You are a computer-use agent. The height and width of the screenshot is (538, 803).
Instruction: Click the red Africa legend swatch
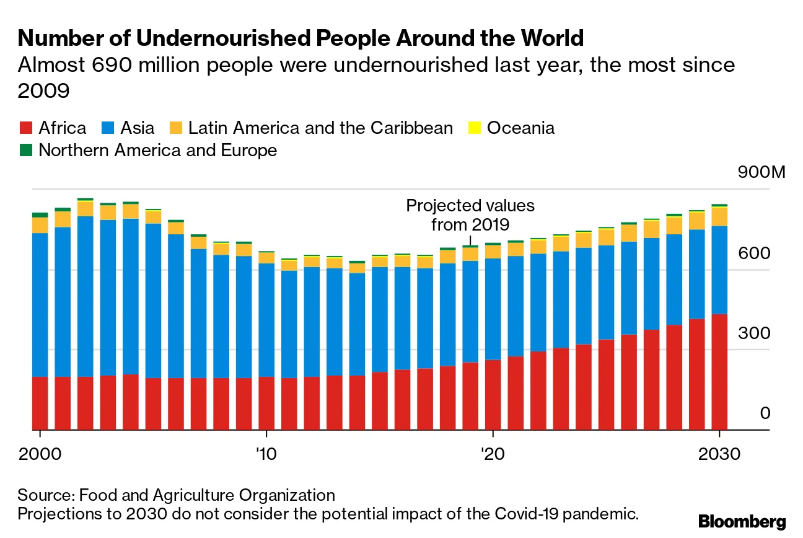pyautogui.click(x=25, y=128)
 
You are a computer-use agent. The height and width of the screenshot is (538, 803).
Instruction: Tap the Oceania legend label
pyautogui.click(x=520, y=128)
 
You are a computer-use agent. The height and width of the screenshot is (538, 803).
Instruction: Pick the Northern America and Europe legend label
pyautogui.click(x=157, y=150)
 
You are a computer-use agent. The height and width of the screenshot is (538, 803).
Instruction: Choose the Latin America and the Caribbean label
pyautogui.click(x=320, y=128)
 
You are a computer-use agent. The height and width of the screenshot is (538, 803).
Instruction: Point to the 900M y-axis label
pyautogui.click(x=761, y=172)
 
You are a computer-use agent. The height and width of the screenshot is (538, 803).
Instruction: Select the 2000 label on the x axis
pyautogui.click(x=40, y=453)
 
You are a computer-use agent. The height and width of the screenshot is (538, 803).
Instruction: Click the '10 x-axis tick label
pyautogui.click(x=266, y=453)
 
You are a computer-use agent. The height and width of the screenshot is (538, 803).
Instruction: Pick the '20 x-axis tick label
pyautogui.click(x=492, y=453)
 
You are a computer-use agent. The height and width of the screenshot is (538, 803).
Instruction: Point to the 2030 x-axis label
pyautogui.click(x=719, y=453)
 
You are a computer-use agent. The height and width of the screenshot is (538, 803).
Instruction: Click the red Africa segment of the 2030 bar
pyautogui.click(x=719, y=372)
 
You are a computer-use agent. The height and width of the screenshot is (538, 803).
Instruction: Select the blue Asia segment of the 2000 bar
pyautogui.click(x=40, y=304)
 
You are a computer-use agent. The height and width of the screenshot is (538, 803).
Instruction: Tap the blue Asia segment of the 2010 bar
pyautogui.click(x=266, y=319)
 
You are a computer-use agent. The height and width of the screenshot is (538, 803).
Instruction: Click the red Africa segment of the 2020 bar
pyautogui.click(x=492, y=394)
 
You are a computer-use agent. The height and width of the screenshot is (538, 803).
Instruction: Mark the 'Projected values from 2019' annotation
pyautogui.click(x=470, y=214)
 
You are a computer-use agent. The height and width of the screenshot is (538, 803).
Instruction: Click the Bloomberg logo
pyautogui.click(x=742, y=521)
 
